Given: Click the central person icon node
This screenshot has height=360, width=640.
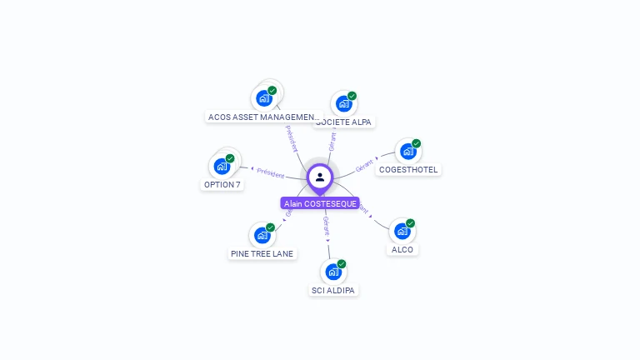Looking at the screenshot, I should tap(320, 177).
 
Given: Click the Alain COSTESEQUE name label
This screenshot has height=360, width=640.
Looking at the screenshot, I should tap(320, 203).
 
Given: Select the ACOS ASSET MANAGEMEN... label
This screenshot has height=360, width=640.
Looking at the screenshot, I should tap(263, 117).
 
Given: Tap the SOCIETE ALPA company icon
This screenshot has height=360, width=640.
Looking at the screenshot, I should tap(342, 104).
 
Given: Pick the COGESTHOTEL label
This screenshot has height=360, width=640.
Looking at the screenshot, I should tap(408, 169).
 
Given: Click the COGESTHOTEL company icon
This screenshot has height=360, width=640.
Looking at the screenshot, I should tap(407, 152).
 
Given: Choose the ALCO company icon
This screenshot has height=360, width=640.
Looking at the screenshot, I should tap(402, 231).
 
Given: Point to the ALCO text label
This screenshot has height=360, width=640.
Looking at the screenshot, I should tap(402, 249).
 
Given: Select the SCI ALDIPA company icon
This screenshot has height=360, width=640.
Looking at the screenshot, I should tap(332, 272).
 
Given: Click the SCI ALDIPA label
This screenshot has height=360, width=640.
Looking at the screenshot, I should tap(333, 290).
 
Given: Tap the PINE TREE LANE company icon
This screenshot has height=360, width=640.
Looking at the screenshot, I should tap(262, 235).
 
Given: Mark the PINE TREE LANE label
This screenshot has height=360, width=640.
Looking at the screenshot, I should tap(262, 253).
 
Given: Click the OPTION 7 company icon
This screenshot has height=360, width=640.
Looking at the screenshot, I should tap(222, 166).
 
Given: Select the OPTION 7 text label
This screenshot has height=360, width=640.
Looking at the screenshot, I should tap(222, 184).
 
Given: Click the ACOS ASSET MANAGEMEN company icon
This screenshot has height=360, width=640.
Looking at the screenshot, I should tap(263, 98).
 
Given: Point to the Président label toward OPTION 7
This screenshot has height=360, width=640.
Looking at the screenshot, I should tap(271, 172).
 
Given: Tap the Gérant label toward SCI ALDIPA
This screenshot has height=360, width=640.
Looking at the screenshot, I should tap(327, 225).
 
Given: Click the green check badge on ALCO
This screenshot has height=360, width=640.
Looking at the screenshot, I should tap(410, 223).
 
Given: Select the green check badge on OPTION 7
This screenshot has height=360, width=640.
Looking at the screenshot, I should tap(230, 158).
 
